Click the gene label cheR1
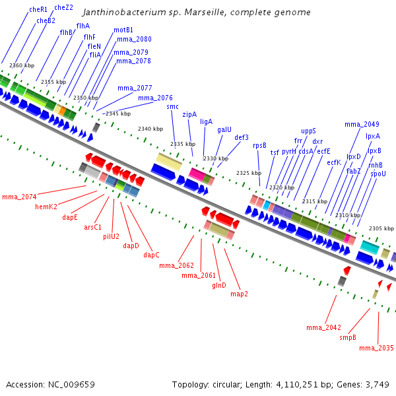click(38, 10)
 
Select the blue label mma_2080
click(134, 40)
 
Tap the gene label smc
click(172, 106)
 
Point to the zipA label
click(189, 114)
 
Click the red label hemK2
click(46, 207)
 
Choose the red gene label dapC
click(152, 255)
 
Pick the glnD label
click(219, 285)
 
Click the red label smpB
click(348, 337)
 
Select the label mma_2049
click(362, 124)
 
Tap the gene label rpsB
click(259, 146)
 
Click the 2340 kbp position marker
click(150, 129)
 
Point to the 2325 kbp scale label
click(249, 173)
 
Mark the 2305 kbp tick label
click(381, 228)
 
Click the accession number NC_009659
click(71, 385)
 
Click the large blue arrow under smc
click(163, 172)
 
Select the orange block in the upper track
click(62, 111)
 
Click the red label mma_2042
click(323, 328)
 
